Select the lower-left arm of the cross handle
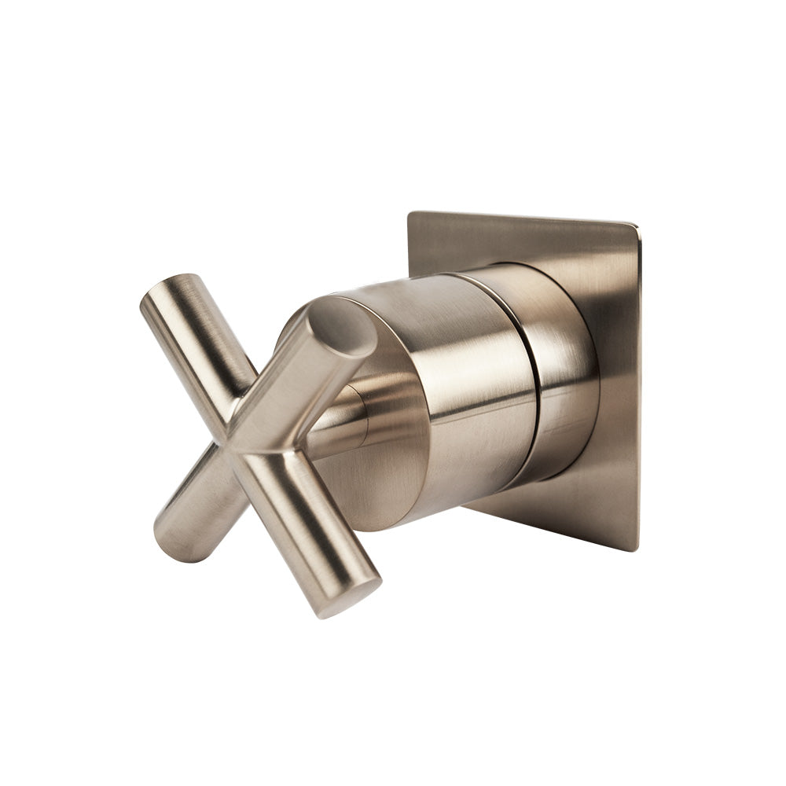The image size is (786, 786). tap(193, 503)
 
